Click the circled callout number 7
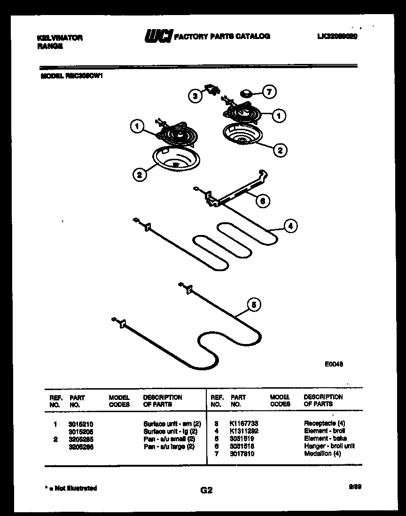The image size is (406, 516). pyautogui.click(x=269, y=92)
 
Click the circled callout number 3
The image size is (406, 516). pyautogui.click(x=195, y=96)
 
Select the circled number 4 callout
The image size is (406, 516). pyautogui.click(x=290, y=226)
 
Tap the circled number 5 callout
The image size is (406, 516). pyautogui.click(x=254, y=305)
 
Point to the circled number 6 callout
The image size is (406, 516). pyautogui.click(x=263, y=201)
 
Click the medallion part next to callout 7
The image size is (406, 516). pyautogui.click(x=246, y=92)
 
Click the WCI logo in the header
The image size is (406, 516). pyautogui.click(x=157, y=36)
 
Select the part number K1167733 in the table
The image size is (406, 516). pyautogui.click(x=244, y=423)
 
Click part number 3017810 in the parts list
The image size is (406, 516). pyautogui.click(x=242, y=453)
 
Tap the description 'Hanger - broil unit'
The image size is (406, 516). pyautogui.click(x=329, y=446)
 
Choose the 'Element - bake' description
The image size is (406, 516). pyautogui.click(x=325, y=438)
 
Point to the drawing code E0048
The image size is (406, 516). pyautogui.click(x=333, y=363)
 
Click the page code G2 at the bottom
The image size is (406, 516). pyautogui.click(x=206, y=491)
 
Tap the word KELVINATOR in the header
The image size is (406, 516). pyautogui.click(x=59, y=38)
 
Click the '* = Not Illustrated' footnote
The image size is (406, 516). pyautogui.click(x=70, y=488)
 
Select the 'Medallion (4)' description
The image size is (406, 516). pyautogui.click(x=322, y=453)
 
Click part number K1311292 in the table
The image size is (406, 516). pyautogui.click(x=244, y=431)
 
